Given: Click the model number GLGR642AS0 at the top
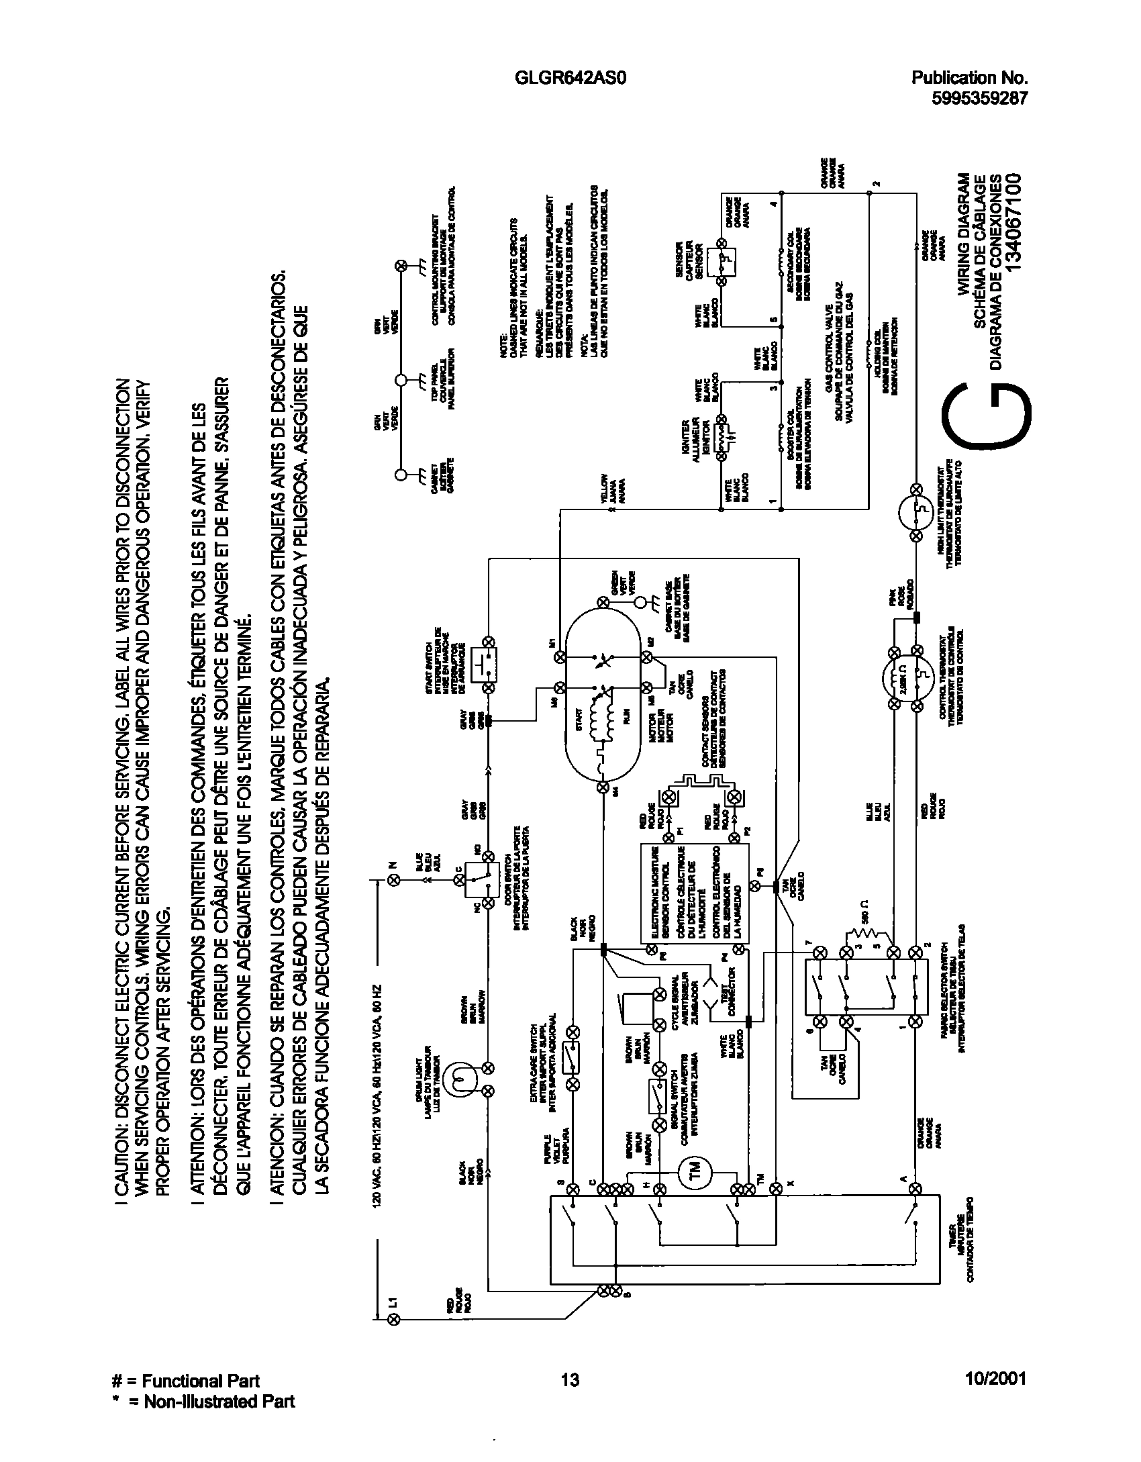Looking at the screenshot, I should click(x=570, y=79).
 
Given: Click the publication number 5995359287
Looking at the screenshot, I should click(x=979, y=98).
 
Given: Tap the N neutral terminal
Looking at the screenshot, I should click(x=395, y=879).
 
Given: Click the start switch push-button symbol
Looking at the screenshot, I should click(x=484, y=664).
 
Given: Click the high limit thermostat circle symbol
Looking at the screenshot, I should click(x=916, y=512).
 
